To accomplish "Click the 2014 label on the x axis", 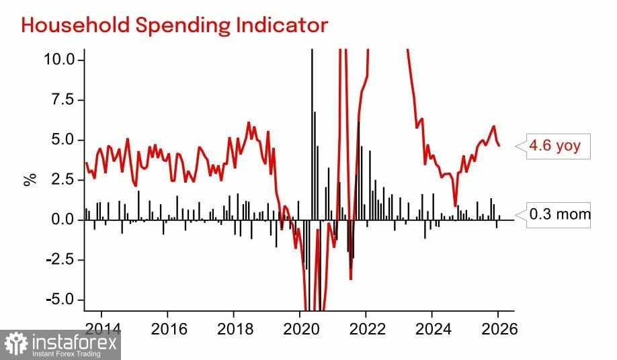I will click(101, 330).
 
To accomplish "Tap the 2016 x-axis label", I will click(167, 330).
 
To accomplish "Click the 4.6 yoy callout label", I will click(555, 146).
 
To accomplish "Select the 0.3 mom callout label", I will click(560, 215).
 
